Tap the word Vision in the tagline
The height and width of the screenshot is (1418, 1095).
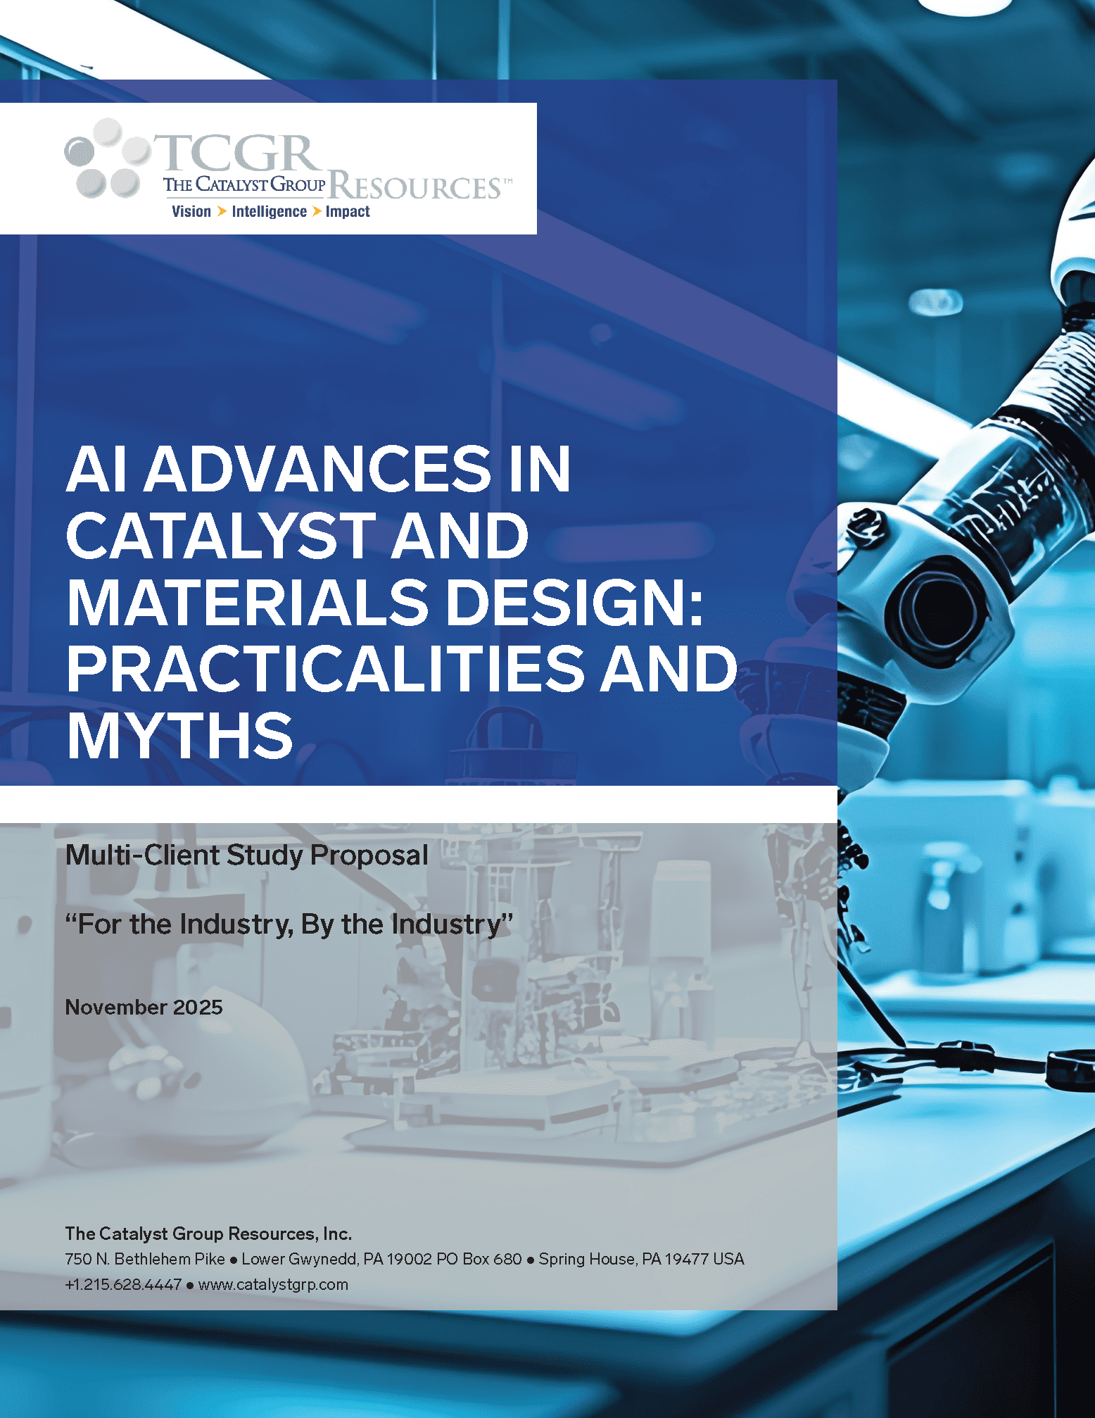pyautogui.click(x=191, y=211)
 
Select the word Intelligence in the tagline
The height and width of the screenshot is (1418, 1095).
pyautogui.click(x=270, y=212)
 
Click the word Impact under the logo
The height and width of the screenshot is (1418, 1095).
pyautogui.click(x=348, y=211)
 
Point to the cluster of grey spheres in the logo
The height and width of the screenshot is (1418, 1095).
pyautogui.click(x=107, y=158)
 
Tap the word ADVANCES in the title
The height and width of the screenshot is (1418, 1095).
pyautogui.click(x=318, y=470)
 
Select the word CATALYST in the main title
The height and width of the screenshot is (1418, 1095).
pyautogui.click(x=220, y=536)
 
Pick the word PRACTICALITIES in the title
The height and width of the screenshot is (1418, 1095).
pyautogui.click(x=326, y=669)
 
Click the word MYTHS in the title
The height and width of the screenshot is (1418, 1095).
pyautogui.click(x=180, y=736)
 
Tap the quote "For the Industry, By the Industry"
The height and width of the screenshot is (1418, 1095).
pyautogui.click(x=289, y=924)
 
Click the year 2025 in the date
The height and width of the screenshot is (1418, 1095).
pyautogui.click(x=198, y=1008)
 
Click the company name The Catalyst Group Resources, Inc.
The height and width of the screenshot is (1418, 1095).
pyautogui.click(x=208, y=1234)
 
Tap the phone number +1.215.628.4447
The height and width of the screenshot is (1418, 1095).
pyautogui.click(x=123, y=1284)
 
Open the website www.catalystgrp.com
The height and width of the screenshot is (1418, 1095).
pyautogui.click(x=273, y=1285)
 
